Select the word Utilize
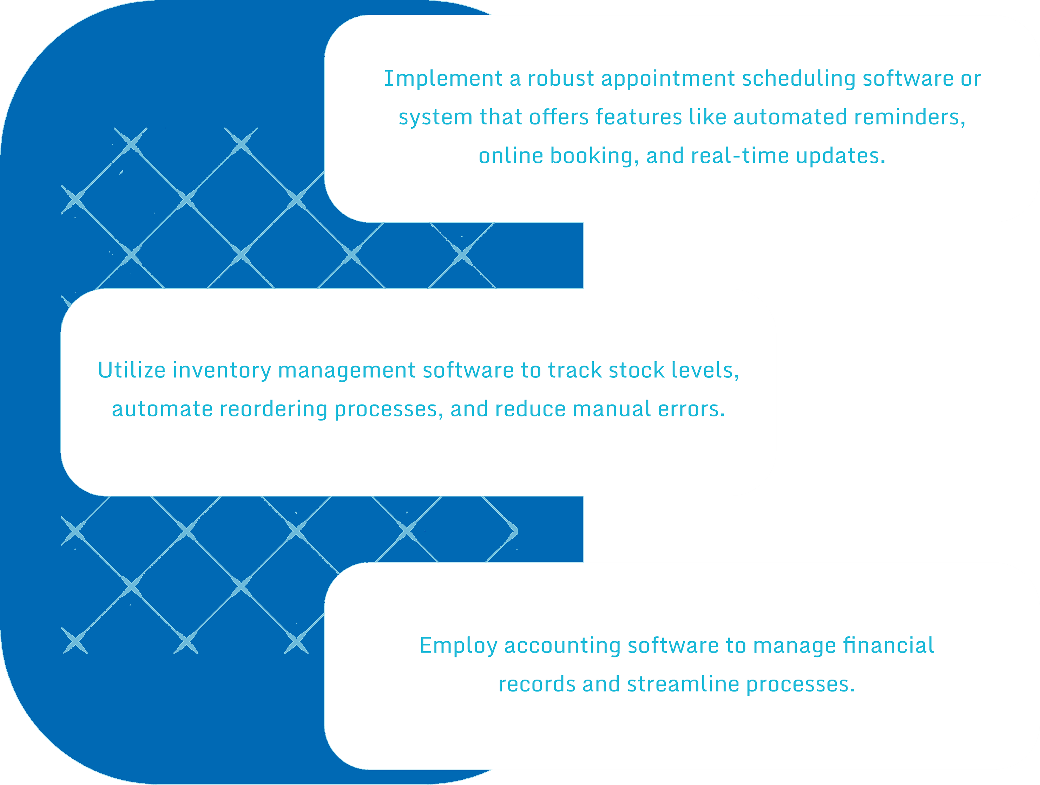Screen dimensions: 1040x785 (x=132, y=370)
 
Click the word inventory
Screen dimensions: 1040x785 (x=222, y=371)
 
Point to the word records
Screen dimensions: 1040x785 (x=537, y=684)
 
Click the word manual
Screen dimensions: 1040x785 (x=612, y=409)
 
